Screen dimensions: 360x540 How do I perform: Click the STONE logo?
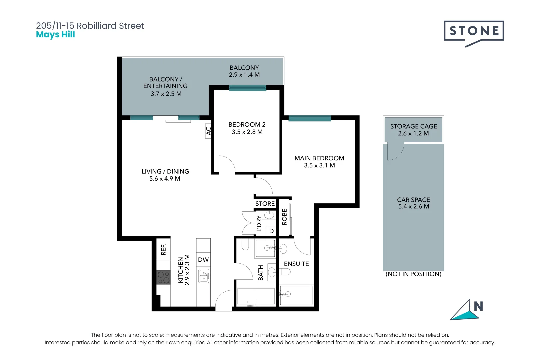[x=474, y=32]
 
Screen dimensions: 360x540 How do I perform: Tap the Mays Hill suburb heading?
[x=55, y=35]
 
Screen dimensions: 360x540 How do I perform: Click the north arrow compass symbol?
[x=465, y=310]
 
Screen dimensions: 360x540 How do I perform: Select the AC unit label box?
[x=208, y=131]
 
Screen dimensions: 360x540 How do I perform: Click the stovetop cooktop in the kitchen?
[x=163, y=277]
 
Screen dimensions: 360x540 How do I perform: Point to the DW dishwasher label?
[x=203, y=260]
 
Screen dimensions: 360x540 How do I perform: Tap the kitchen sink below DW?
[x=204, y=276]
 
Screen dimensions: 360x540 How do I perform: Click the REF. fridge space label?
[x=163, y=249]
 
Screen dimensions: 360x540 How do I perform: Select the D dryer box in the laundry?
[x=271, y=231]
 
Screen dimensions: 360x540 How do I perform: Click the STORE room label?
[x=265, y=204]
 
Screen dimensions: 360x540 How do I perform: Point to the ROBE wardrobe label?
[x=284, y=217]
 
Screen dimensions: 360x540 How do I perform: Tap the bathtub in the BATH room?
[x=256, y=296]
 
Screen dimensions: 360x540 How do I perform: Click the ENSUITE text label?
[x=296, y=264]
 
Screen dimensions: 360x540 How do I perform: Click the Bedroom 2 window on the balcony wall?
[x=247, y=88]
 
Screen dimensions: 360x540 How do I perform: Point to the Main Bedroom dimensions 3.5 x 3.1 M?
[x=319, y=165]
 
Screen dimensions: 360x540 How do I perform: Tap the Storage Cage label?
[x=413, y=126]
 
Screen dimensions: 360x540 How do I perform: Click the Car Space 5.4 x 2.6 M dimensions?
[x=413, y=207]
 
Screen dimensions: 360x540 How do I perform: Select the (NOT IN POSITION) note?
[x=413, y=274]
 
